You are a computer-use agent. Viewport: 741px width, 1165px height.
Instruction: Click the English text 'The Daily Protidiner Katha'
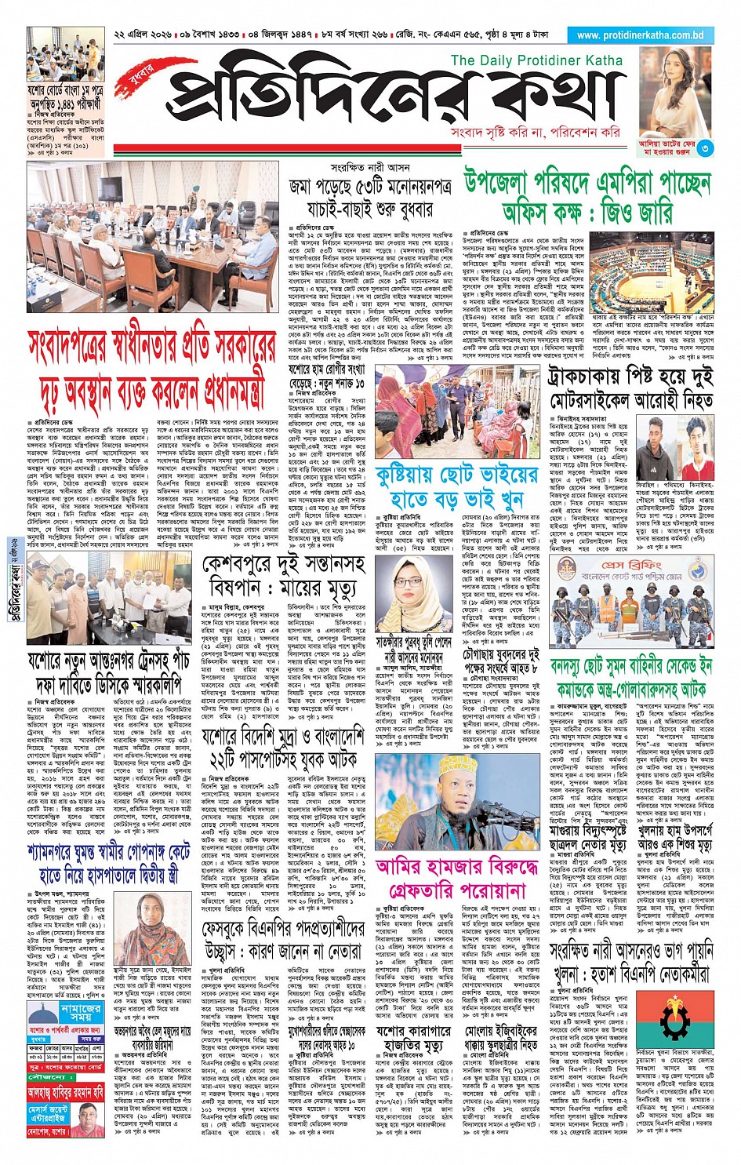point(536,60)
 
